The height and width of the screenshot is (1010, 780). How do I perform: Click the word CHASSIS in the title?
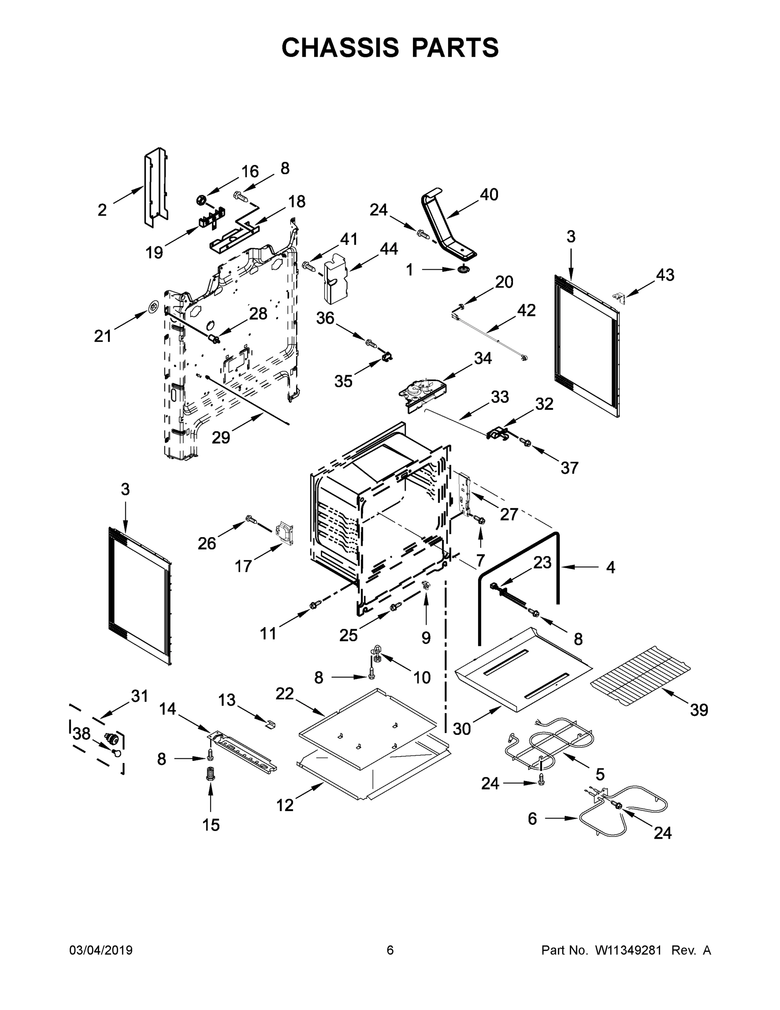point(340,47)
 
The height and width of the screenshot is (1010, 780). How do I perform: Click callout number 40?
point(489,195)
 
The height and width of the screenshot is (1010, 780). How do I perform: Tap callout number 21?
point(103,336)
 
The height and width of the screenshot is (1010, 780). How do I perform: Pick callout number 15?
point(211,824)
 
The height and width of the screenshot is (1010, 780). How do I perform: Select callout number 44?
point(389,249)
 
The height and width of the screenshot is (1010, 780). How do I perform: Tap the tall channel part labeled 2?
point(156,187)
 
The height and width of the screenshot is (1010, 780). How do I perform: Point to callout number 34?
point(482,359)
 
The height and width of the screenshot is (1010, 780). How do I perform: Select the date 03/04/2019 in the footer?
point(101,950)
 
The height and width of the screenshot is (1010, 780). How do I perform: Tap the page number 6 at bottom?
point(390,950)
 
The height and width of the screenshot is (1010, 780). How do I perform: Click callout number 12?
point(285,805)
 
